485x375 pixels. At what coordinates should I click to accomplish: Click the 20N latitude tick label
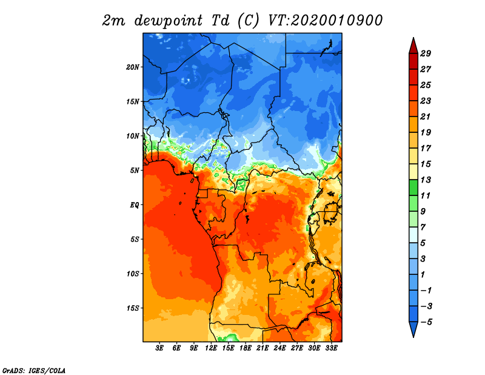(133, 67)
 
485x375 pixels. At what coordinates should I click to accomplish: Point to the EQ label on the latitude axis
(135, 204)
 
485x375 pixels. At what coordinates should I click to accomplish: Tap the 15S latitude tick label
(133, 308)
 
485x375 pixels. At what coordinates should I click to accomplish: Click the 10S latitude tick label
(133, 274)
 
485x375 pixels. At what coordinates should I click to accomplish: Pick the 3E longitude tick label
(160, 349)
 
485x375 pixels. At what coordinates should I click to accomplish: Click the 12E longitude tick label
(211, 349)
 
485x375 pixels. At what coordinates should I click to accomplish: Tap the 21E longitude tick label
(263, 349)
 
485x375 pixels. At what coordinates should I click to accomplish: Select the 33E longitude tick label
(331, 349)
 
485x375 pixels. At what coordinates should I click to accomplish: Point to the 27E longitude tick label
(296, 349)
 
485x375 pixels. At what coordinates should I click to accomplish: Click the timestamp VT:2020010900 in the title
(326, 20)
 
